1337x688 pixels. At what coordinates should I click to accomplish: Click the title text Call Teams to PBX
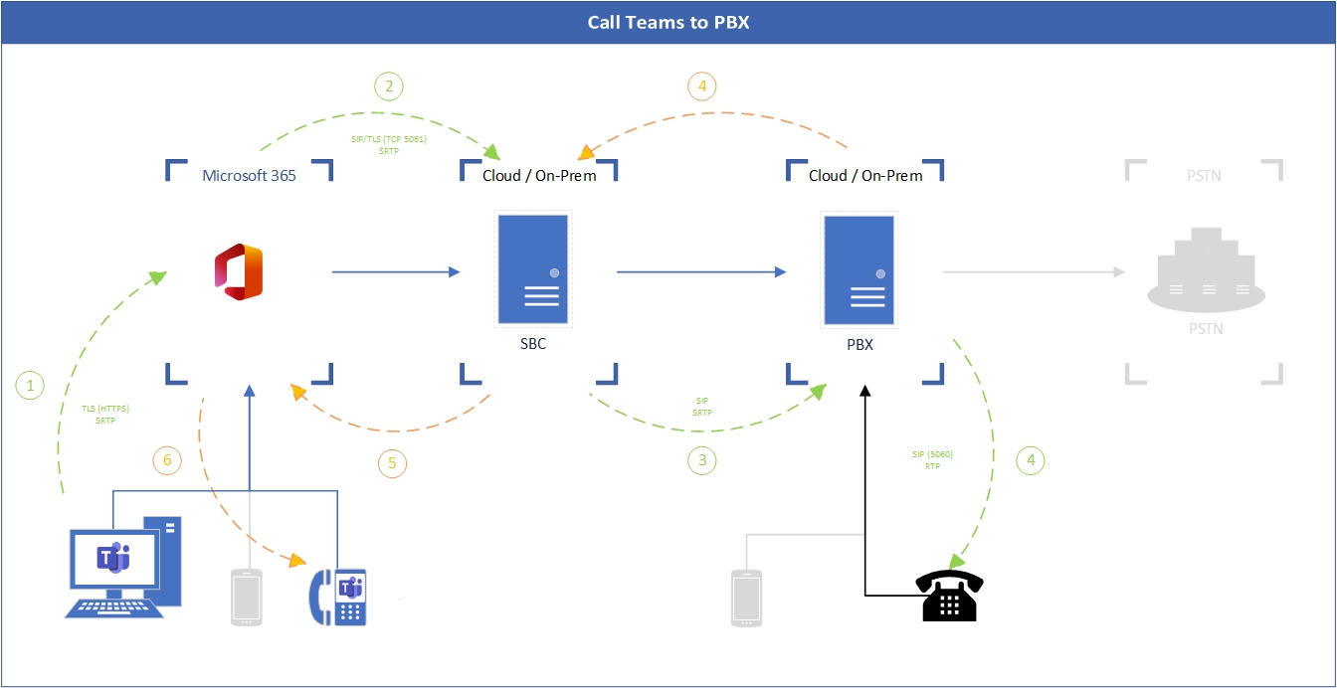(668, 22)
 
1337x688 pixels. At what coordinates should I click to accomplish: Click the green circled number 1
(31, 385)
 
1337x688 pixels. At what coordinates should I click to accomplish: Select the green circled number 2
(389, 86)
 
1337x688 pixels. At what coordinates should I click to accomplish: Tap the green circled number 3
(702, 459)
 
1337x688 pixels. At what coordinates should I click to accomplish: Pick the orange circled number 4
(702, 86)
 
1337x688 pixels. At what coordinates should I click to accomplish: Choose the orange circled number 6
(167, 459)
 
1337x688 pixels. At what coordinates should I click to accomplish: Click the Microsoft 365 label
(249, 176)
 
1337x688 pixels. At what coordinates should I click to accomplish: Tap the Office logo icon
(239, 271)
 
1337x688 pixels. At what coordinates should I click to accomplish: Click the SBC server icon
(533, 269)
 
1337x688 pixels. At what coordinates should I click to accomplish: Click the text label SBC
(533, 345)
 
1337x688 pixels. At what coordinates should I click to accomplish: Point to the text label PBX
(859, 345)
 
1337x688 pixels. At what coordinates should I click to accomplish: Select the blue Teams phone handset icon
(339, 597)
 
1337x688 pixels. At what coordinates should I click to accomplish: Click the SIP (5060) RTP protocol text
(932, 459)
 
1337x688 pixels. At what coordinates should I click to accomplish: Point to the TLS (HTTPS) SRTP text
(105, 415)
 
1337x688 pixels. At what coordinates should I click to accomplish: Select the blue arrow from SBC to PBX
(698, 270)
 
